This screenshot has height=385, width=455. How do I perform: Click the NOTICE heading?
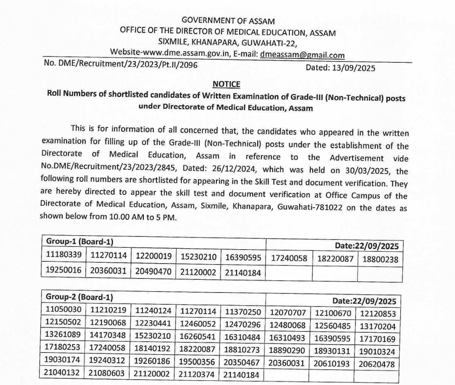coord(226,84)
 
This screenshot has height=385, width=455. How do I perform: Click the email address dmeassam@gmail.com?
coord(302,55)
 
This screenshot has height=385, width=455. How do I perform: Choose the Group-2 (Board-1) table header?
coord(80,297)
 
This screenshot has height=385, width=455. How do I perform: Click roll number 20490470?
coord(153,272)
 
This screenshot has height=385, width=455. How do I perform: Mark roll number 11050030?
coord(63,310)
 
